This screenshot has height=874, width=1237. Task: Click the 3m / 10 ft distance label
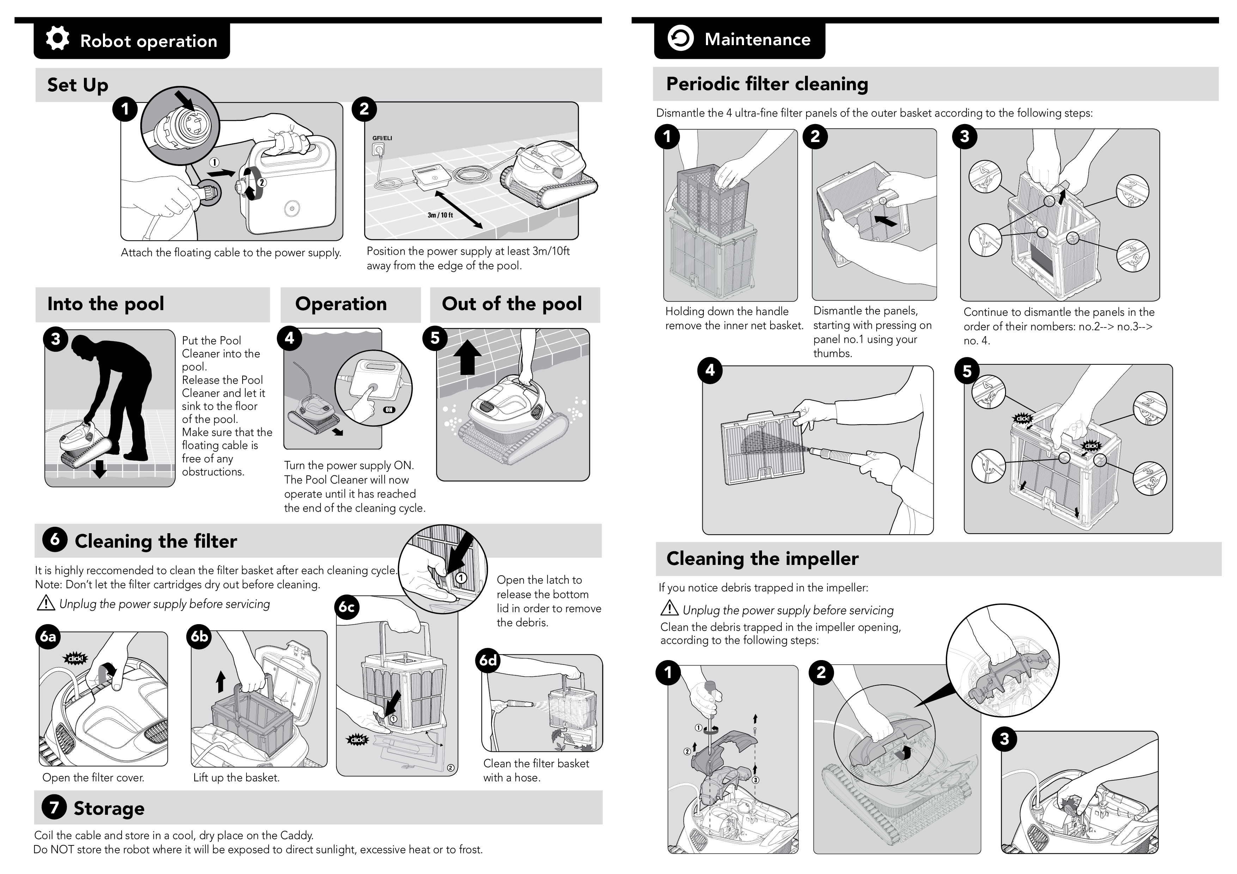[x=440, y=215]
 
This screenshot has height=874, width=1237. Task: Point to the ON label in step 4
[x=389, y=410]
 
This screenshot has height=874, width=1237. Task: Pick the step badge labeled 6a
[x=49, y=636]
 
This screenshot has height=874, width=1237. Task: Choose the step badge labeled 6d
[x=488, y=660]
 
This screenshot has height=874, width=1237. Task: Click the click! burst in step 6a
[x=75, y=658]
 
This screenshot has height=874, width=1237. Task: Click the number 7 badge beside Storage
[x=54, y=807]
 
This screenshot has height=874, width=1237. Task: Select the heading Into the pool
[x=105, y=304]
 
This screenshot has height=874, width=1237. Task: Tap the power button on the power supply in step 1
[x=291, y=208]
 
